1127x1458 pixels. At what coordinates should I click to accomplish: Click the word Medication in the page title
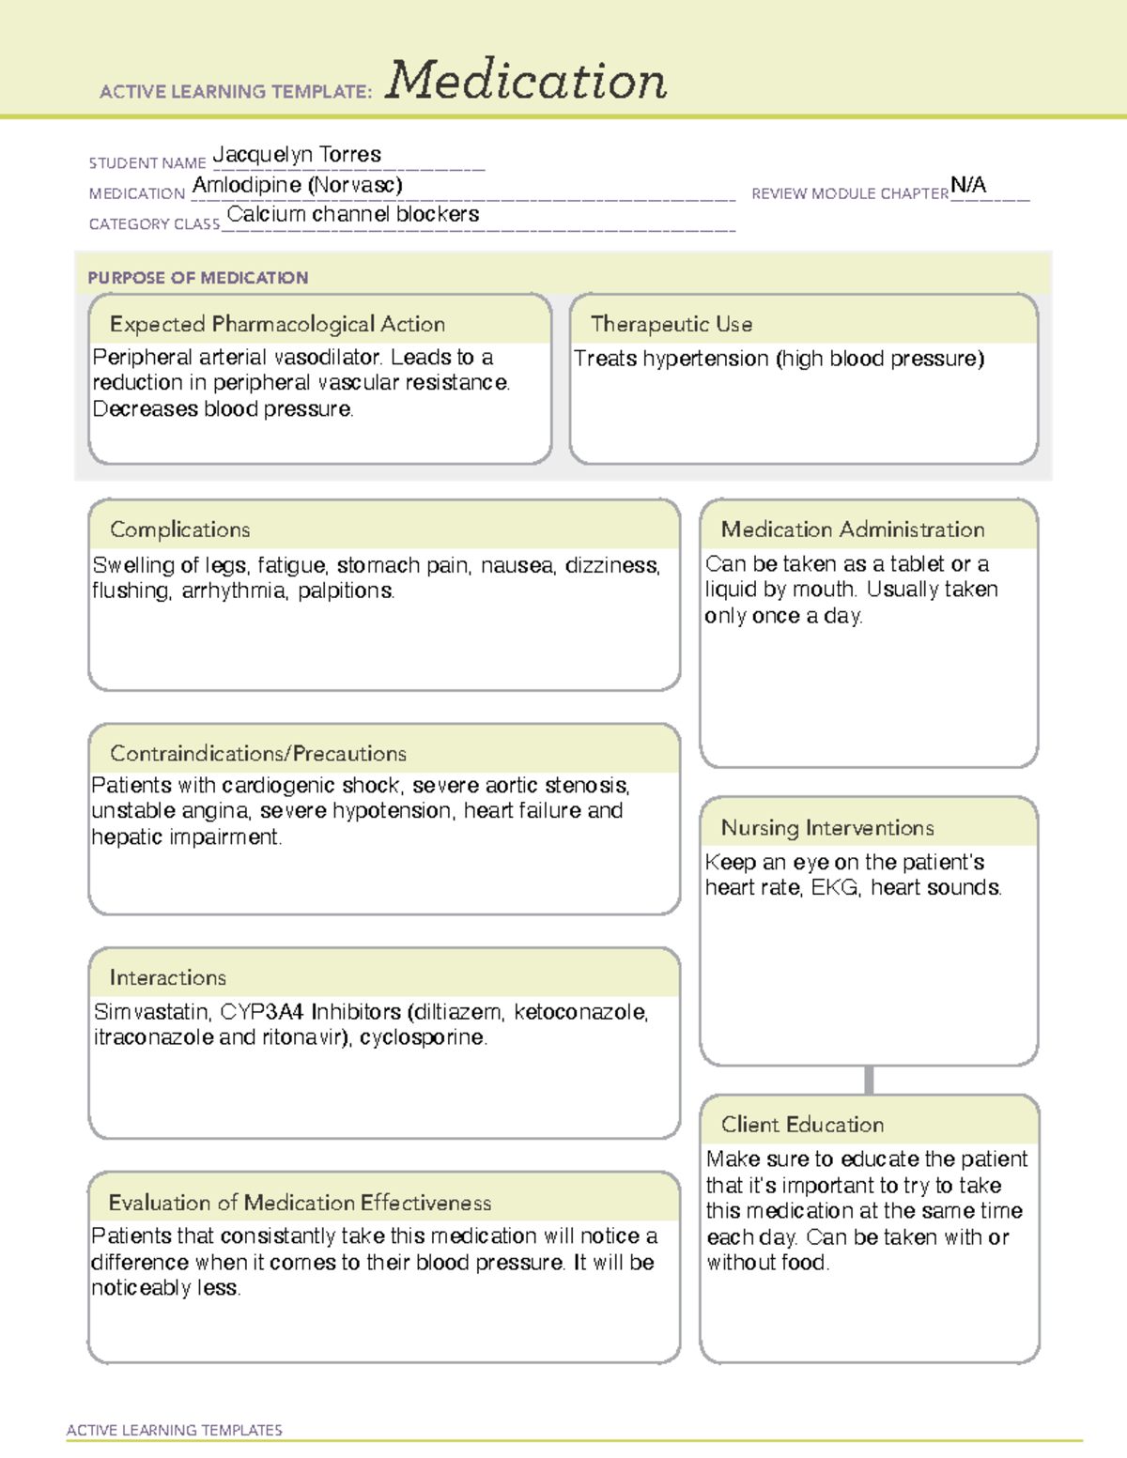(526, 81)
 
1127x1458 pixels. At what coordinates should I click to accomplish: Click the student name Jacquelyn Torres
(297, 154)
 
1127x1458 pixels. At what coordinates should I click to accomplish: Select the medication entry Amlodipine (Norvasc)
(297, 185)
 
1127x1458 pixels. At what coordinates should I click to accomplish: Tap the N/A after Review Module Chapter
(968, 185)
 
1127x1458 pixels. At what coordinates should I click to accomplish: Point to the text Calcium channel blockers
(353, 214)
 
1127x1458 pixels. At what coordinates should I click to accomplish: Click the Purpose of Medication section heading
(197, 278)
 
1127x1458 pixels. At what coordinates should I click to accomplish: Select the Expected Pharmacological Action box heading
(277, 324)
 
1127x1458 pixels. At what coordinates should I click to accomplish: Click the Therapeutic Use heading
(672, 324)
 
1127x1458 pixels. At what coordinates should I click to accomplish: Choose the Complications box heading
(179, 529)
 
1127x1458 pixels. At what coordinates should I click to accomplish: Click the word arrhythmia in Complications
(234, 591)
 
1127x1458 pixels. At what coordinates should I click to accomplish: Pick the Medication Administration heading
(853, 529)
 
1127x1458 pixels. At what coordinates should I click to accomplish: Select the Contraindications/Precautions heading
(258, 753)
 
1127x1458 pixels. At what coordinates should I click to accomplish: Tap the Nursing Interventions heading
(827, 828)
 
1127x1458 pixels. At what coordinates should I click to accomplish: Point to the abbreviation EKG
(834, 887)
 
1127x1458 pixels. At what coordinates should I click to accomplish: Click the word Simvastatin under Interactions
(151, 1012)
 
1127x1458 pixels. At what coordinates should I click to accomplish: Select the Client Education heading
(802, 1125)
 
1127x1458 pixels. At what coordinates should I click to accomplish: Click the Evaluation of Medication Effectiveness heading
(300, 1203)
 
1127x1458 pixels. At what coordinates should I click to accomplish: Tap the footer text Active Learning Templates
(175, 1430)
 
